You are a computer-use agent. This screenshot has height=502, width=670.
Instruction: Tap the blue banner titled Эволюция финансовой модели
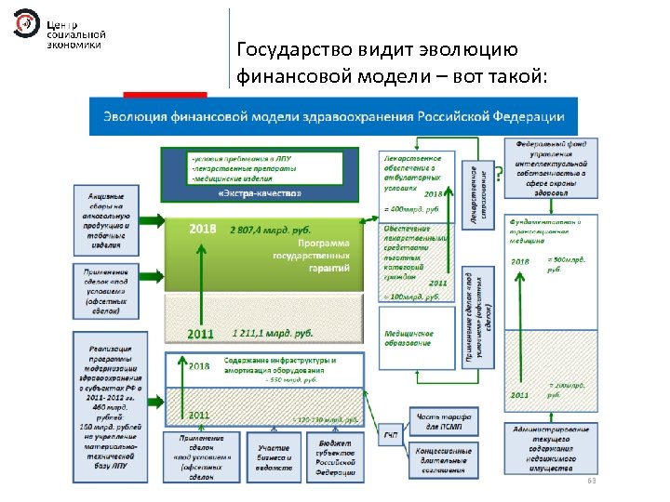pyautogui.click(x=332, y=116)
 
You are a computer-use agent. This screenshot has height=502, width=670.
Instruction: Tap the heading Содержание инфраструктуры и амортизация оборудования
pyautogui.click(x=279, y=363)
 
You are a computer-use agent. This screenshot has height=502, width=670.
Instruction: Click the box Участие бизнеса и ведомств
pyautogui.click(x=274, y=456)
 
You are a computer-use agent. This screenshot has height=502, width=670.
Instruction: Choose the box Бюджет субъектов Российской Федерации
pyautogui.click(x=333, y=456)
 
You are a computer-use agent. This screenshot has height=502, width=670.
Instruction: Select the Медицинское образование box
pyautogui.click(x=415, y=337)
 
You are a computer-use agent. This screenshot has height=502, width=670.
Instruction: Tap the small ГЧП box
pyautogui.click(x=392, y=434)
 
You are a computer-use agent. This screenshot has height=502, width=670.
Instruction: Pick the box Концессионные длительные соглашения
pyautogui.click(x=440, y=459)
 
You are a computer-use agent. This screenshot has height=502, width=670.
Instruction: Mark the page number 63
pyautogui.click(x=590, y=482)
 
